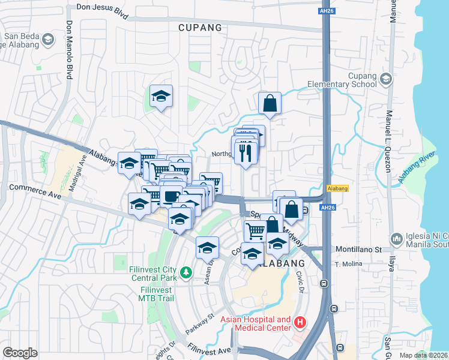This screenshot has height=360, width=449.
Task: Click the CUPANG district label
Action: (x=200, y=28)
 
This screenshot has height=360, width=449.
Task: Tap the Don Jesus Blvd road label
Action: (x=102, y=10)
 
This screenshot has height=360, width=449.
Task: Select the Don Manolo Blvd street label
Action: (x=69, y=51)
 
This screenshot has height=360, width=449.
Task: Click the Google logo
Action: (x=20, y=352)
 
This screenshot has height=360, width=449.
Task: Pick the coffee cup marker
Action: (x=171, y=196)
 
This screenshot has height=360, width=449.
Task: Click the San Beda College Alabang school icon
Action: (x=48, y=40)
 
